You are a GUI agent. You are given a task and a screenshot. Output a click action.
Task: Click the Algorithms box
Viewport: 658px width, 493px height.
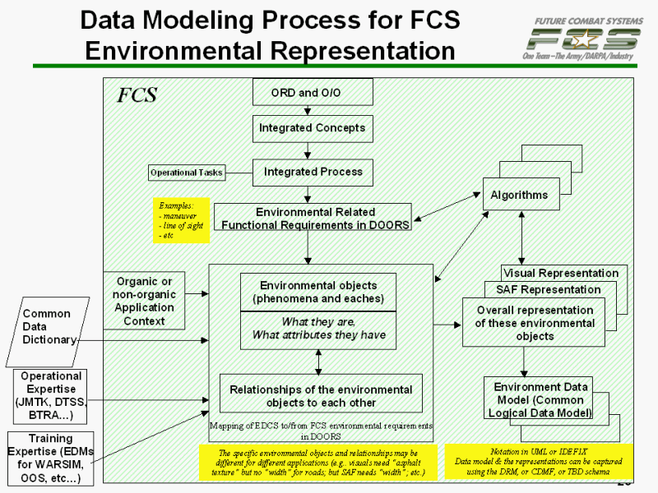click(519, 195)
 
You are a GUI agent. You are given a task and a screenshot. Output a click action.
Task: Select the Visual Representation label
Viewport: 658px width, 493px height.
click(561, 273)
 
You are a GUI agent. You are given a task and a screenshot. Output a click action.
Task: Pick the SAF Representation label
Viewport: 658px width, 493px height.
click(549, 289)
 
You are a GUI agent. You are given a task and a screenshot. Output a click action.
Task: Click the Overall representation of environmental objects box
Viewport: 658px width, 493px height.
click(534, 323)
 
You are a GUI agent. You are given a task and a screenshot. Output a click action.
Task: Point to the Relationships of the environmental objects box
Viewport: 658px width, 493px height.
click(321, 395)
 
